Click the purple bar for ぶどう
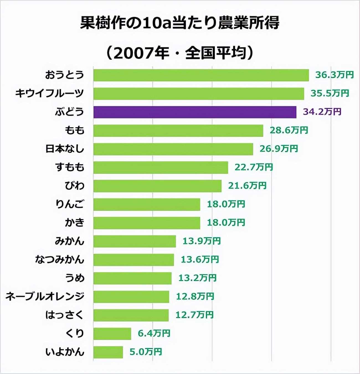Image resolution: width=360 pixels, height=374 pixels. click(195, 112)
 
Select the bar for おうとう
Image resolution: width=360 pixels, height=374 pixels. click(201, 75)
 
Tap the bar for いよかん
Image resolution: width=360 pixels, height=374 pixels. click(108, 352)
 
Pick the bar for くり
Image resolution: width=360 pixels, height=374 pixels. click(112, 334)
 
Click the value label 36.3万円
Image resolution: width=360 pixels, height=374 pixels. click(335, 75)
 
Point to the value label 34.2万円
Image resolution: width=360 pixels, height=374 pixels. click(322, 112)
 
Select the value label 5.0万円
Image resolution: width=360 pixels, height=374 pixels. click(146, 352)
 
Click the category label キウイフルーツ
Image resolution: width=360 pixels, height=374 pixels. click(49, 94)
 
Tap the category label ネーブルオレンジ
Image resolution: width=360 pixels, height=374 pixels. click(45, 297)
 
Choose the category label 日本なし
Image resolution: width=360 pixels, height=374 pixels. click(65, 149)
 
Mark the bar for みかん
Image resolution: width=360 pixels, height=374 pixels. click(135, 241)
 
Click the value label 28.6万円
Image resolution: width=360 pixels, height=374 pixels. click(289, 130)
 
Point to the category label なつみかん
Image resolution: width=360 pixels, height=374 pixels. click(60, 260)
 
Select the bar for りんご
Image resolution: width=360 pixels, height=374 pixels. click(147, 204)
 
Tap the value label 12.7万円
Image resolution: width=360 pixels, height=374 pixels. click(194, 315)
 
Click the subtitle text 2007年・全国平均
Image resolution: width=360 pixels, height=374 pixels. click(180, 53)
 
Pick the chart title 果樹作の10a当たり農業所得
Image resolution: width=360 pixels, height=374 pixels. click(180, 23)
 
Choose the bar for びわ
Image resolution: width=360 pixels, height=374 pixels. click(157, 186)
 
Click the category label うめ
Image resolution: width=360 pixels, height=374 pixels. click(75, 278)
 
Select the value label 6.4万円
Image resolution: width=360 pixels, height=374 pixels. click(154, 334)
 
